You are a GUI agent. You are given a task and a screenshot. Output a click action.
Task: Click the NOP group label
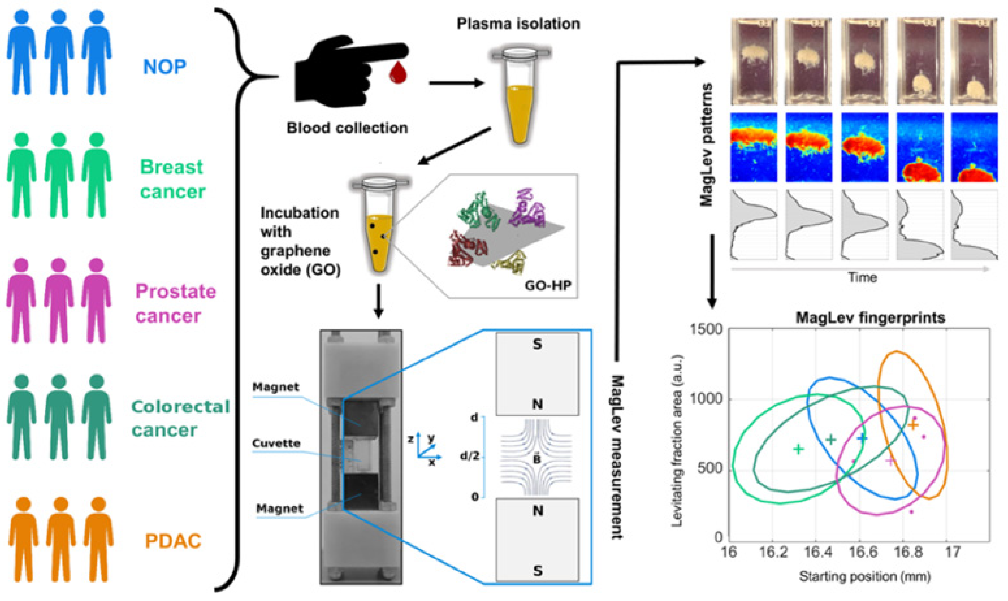point(164,67)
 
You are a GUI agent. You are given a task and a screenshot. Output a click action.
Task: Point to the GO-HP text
point(548,285)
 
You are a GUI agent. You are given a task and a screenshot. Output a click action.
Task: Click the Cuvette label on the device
point(276,443)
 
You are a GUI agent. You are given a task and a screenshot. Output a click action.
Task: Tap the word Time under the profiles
point(862,277)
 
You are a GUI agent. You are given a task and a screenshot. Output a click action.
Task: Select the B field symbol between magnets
point(537,459)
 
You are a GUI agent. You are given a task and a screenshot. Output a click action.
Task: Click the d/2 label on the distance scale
point(470,456)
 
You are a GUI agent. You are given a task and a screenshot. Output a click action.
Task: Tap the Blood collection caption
point(347,128)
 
